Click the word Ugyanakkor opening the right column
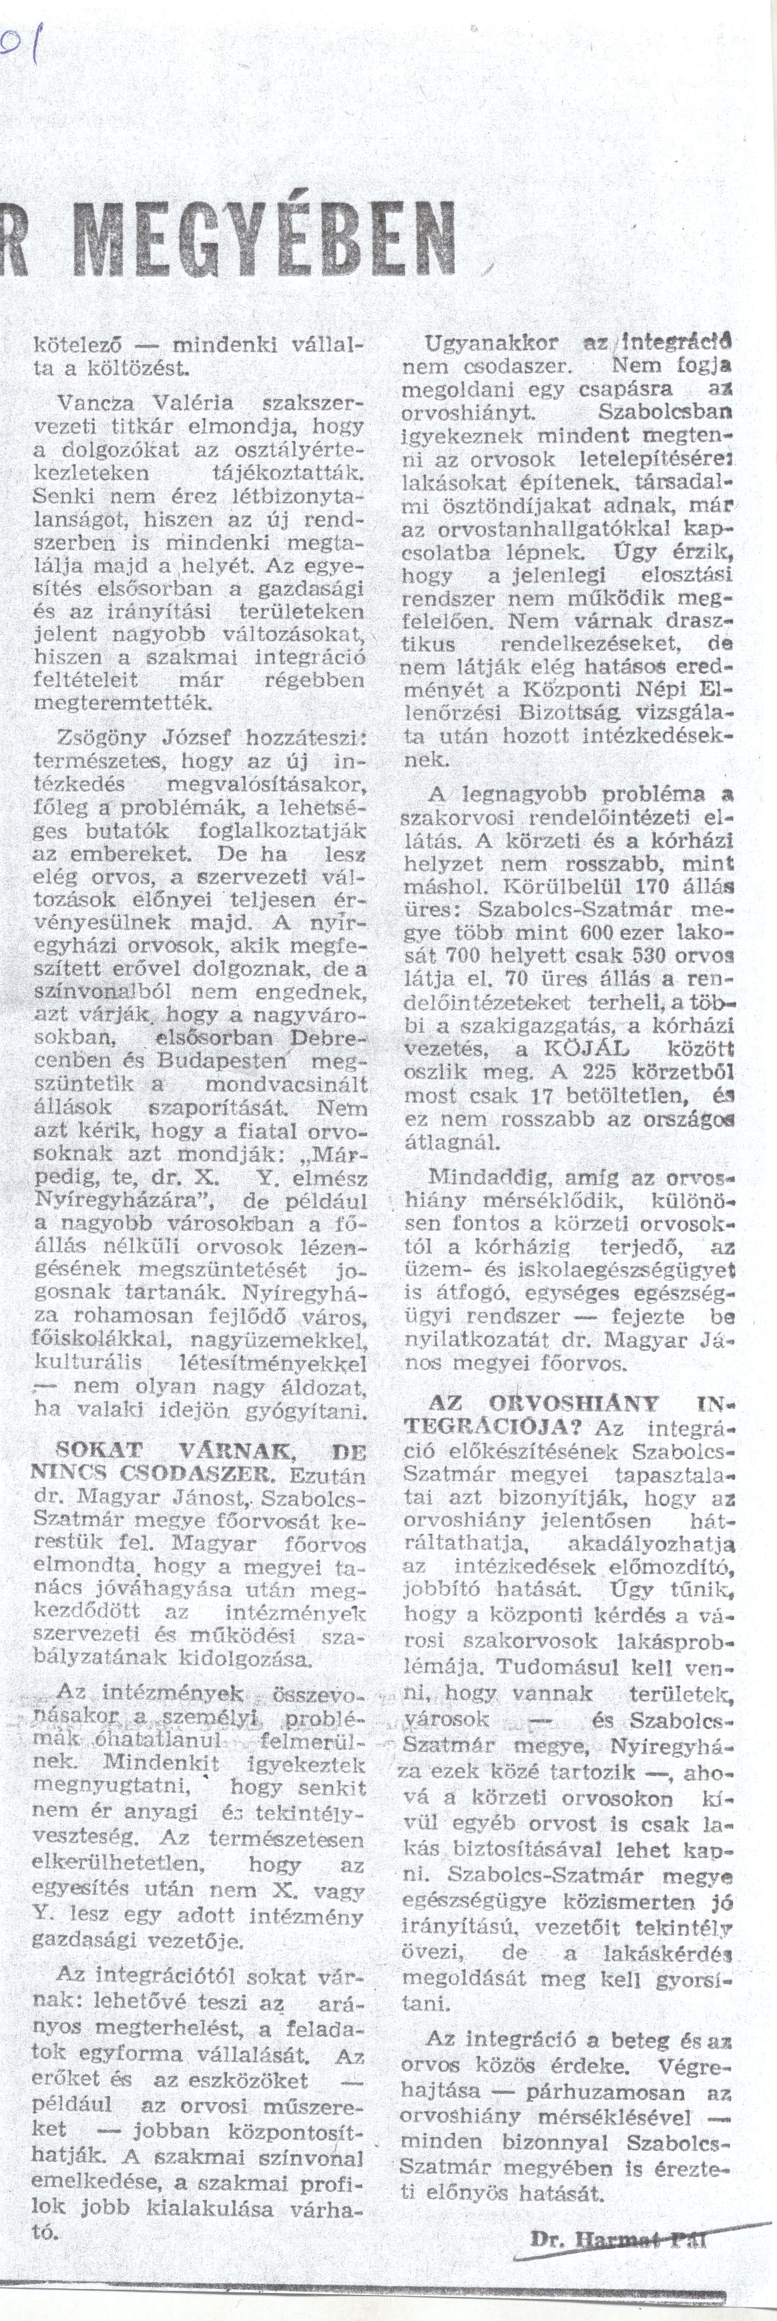[491, 343]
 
